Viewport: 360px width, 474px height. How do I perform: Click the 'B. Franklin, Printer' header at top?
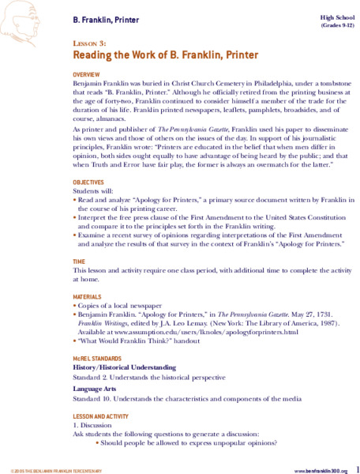[108, 15]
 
